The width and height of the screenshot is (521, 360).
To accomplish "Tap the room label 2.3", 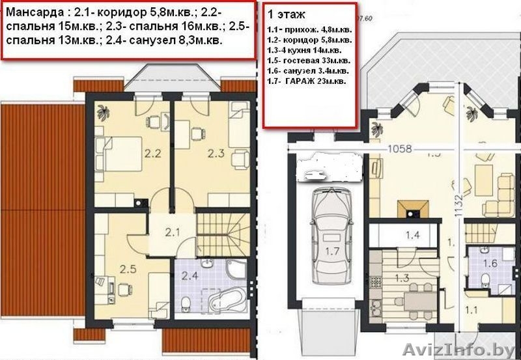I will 216,154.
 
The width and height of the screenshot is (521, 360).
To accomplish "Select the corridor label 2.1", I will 171,232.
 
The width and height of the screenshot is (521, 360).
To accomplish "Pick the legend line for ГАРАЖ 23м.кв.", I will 306,81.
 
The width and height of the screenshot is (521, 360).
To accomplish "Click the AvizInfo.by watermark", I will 460,350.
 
